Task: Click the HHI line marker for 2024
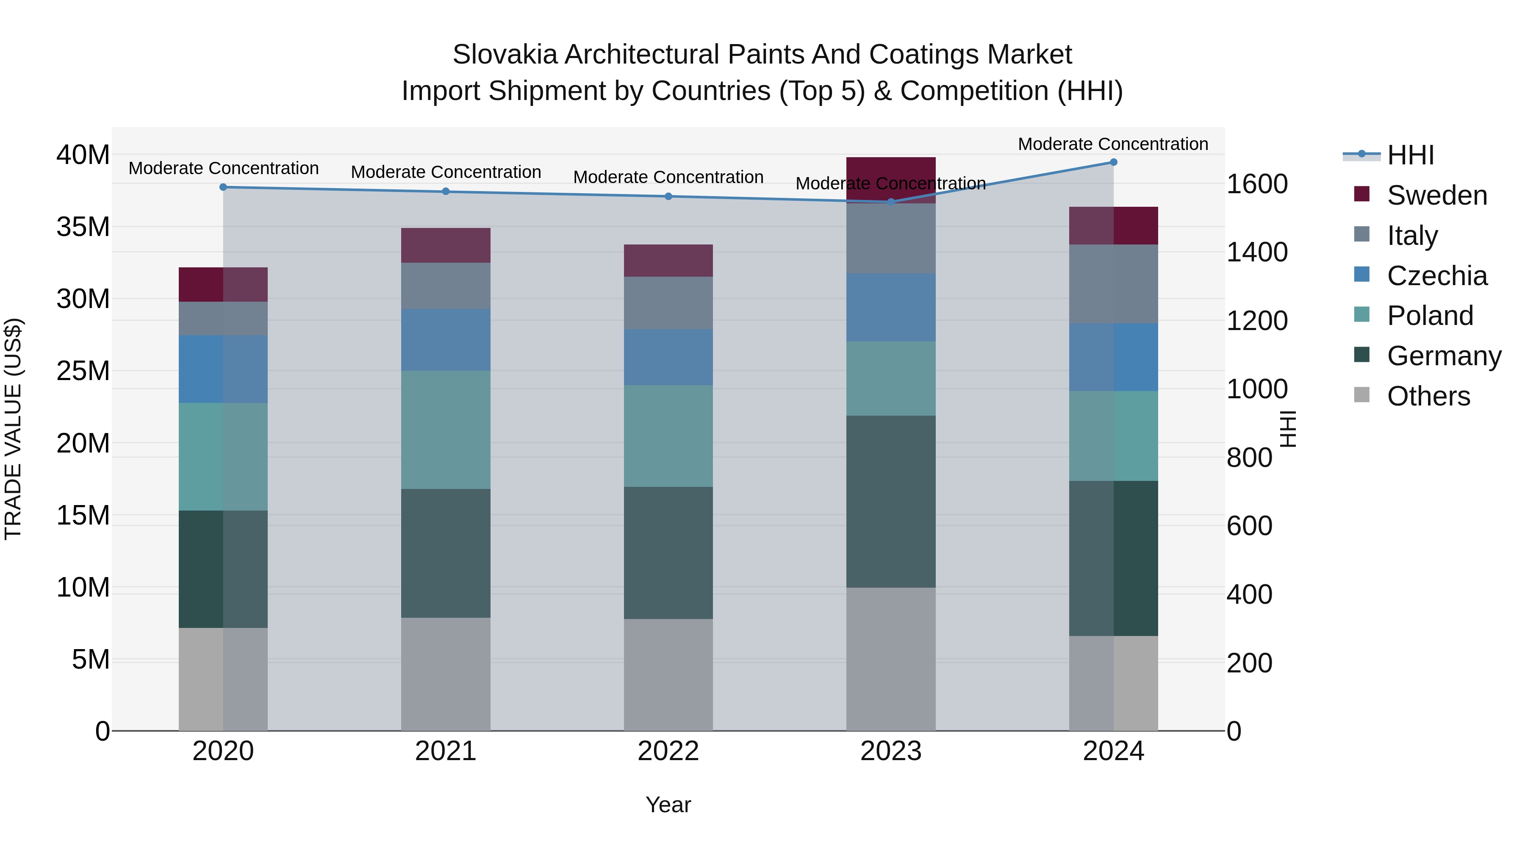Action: [x=1113, y=162]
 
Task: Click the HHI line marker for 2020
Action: [x=223, y=187]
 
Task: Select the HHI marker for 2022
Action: [x=668, y=196]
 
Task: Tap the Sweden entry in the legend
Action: [x=1437, y=195]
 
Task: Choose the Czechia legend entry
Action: [x=1437, y=276]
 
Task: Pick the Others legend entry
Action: [x=1428, y=396]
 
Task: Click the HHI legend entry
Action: [x=1410, y=155]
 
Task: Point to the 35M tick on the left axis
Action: [x=83, y=227]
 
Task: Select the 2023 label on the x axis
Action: [x=890, y=751]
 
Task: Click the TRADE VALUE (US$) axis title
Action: [x=13, y=429]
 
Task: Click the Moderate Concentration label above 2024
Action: [x=1112, y=144]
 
